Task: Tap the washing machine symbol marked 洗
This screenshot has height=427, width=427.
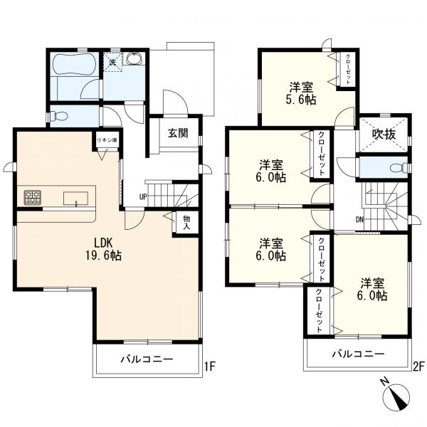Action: (112, 62)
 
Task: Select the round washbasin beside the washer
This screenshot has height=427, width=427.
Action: (134, 58)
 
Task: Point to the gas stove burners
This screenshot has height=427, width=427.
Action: (33, 197)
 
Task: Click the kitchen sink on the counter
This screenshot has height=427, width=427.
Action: (75, 199)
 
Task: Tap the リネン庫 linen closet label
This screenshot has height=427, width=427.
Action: (107, 140)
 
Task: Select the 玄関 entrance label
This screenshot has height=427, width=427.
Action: (179, 133)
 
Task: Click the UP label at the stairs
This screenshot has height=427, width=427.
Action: (143, 196)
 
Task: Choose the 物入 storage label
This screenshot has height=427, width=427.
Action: (186, 222)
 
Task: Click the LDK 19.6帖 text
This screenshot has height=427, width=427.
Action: (103, 248)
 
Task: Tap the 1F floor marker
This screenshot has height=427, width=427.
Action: (210, 367)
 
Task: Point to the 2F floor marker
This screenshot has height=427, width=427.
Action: (418, 367)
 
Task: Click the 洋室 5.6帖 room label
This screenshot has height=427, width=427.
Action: (302, 93)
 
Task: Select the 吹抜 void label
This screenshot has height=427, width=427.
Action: (384, 135)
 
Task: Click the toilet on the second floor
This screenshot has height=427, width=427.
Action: (399, 167)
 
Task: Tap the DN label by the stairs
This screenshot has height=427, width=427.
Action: (359, 219)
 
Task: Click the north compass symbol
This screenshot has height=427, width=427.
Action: (396, 397)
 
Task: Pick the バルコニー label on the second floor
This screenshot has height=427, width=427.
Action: (358, 354)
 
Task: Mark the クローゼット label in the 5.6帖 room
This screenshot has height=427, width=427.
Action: (348, 69)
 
